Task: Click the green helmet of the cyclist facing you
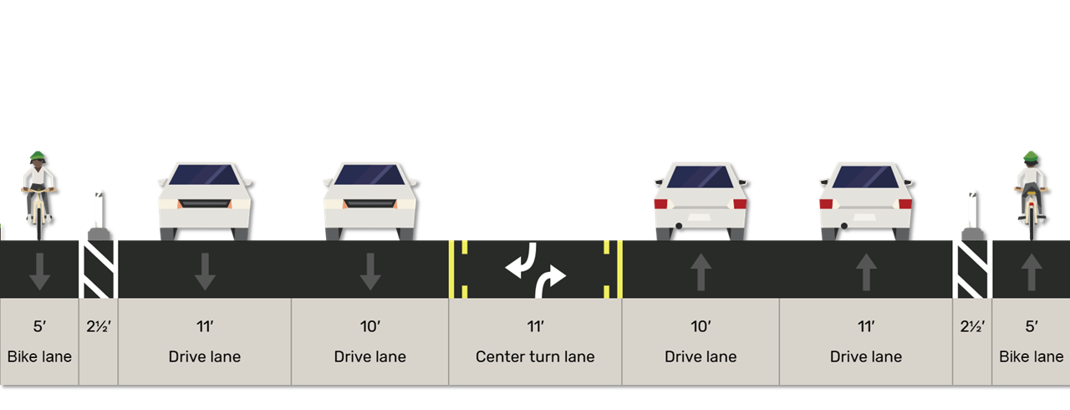point(38,156)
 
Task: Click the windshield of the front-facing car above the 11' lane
point(205,175)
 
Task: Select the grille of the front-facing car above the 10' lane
point(370,204)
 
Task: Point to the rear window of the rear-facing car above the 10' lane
point(701,177)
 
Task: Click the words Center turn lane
point(535,357)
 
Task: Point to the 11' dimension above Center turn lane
point(535,327)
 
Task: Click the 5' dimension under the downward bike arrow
point(39,327)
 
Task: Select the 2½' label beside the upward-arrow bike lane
point(972,327)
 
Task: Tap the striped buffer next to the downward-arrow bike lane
point(98,269)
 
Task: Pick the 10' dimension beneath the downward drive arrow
point(370,327)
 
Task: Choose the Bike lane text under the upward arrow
point(1032,357)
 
